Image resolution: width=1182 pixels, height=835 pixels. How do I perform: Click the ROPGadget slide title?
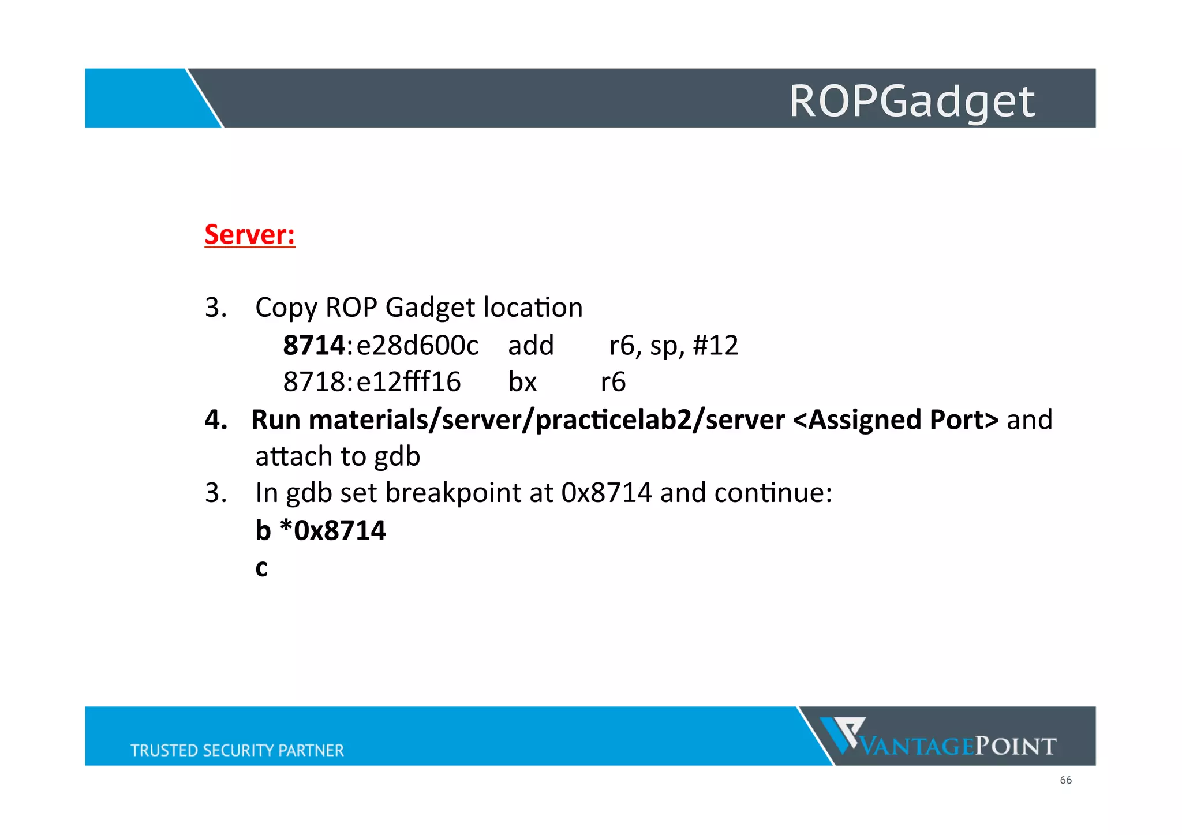911,101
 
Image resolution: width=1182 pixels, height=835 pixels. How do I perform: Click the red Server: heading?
249,234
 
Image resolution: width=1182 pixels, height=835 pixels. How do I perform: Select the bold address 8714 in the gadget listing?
313,346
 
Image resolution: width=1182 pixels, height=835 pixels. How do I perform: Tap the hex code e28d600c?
417,346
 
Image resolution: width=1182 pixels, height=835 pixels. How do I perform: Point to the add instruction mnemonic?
530,346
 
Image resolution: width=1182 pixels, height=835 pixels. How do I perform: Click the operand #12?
715,346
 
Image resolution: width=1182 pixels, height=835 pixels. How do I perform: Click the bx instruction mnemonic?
522,382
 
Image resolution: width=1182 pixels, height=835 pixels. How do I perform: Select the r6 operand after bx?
613,382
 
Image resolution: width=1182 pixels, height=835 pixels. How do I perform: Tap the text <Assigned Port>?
896,420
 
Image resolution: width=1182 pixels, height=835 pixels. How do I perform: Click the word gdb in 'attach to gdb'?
397,456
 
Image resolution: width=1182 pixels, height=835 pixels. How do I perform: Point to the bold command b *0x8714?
320,530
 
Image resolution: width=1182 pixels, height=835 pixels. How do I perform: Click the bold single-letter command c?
261,568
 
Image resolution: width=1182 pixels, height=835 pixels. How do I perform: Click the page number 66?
1065,780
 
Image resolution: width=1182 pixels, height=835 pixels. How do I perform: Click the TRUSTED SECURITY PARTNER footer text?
237,750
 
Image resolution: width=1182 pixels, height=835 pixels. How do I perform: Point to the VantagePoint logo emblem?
842,735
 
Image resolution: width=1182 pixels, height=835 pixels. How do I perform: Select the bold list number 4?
215,420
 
